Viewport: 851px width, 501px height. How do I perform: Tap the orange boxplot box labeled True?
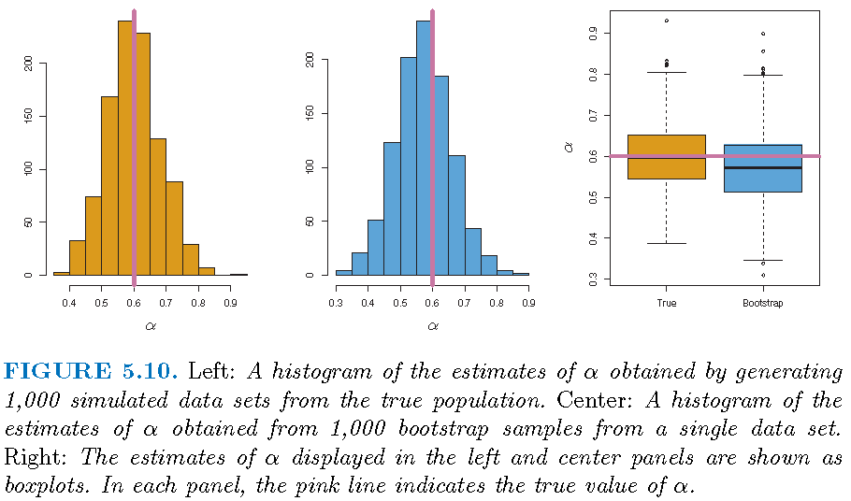tap(666, 156)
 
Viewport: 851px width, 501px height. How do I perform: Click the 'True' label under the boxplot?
tap(666, 303)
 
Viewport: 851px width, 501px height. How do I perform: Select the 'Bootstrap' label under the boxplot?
tap(763, 303)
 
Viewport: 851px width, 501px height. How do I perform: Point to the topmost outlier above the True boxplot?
tap(666, 21)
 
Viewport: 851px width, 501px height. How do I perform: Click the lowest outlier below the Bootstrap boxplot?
tap(763, 276)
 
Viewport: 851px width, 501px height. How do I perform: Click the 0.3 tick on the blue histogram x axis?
tap(337, 303)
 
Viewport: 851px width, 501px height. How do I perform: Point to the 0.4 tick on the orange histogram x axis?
tap(69, 303)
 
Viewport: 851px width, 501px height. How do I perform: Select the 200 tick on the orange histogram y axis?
tap(28, 62)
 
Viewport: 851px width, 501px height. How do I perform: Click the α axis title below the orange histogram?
tap(151, 326)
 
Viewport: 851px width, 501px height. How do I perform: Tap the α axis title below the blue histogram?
tap(432, 326)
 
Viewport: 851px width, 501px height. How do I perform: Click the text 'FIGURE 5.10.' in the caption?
tap(92, 371)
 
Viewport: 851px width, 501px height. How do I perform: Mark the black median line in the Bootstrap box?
tap(763, 168)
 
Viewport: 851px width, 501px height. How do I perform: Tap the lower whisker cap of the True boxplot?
tap(666, 243)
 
